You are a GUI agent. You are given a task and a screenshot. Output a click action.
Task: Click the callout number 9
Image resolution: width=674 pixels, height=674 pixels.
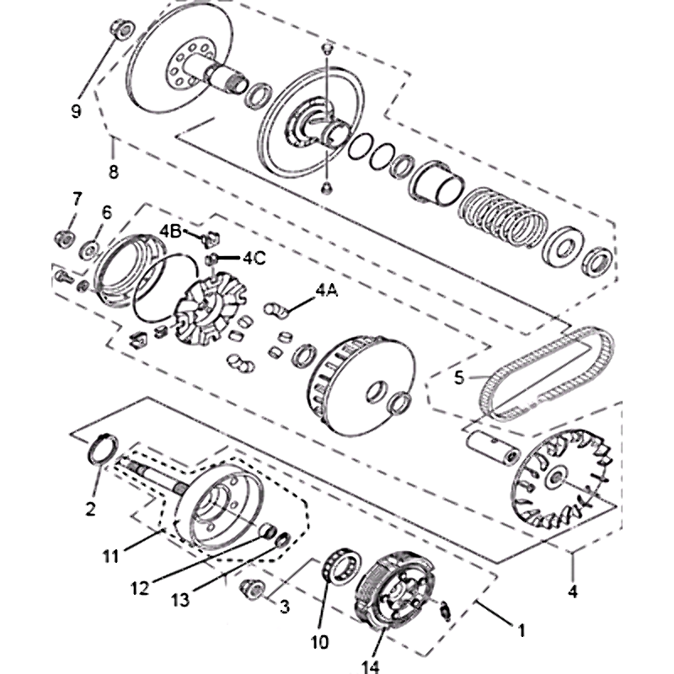76,112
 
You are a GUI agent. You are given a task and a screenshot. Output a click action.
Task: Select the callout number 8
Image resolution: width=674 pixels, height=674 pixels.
113,172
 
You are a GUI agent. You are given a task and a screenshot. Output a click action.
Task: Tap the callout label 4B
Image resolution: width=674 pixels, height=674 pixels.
171,231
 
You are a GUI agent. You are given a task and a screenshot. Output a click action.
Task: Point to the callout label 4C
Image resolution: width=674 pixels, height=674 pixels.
254,258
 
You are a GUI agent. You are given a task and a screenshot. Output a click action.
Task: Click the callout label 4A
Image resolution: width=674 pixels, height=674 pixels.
327,291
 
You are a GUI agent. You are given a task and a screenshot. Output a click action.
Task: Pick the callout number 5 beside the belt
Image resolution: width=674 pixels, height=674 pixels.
459,377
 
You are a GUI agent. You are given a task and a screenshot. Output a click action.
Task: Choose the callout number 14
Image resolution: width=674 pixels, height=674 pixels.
370,666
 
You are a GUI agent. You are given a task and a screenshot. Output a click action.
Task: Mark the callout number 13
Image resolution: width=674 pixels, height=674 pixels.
180,600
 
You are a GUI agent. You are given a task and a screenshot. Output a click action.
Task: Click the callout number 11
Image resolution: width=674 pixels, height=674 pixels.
110,557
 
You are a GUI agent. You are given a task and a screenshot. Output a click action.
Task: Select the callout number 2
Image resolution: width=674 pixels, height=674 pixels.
90,509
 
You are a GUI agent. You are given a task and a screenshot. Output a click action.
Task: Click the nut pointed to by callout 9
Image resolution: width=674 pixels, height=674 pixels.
122,29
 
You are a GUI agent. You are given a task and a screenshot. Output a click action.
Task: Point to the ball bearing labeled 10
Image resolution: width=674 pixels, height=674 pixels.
343,565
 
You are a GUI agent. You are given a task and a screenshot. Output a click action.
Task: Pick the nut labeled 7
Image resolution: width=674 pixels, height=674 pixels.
65,238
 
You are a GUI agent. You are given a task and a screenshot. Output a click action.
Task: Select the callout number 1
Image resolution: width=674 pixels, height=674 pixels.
522,630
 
